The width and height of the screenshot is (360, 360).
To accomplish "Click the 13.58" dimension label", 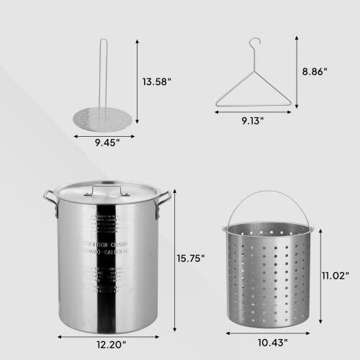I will click(x=157, y=81).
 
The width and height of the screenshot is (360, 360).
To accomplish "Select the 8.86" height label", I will click(x=315, y=71).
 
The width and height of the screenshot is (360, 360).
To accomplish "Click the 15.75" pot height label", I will click(x=191, y=258).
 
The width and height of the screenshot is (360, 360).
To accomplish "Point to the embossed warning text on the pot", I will click(x=108, y=249).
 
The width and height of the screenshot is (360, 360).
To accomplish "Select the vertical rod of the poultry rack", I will click(x=102, y=72).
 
